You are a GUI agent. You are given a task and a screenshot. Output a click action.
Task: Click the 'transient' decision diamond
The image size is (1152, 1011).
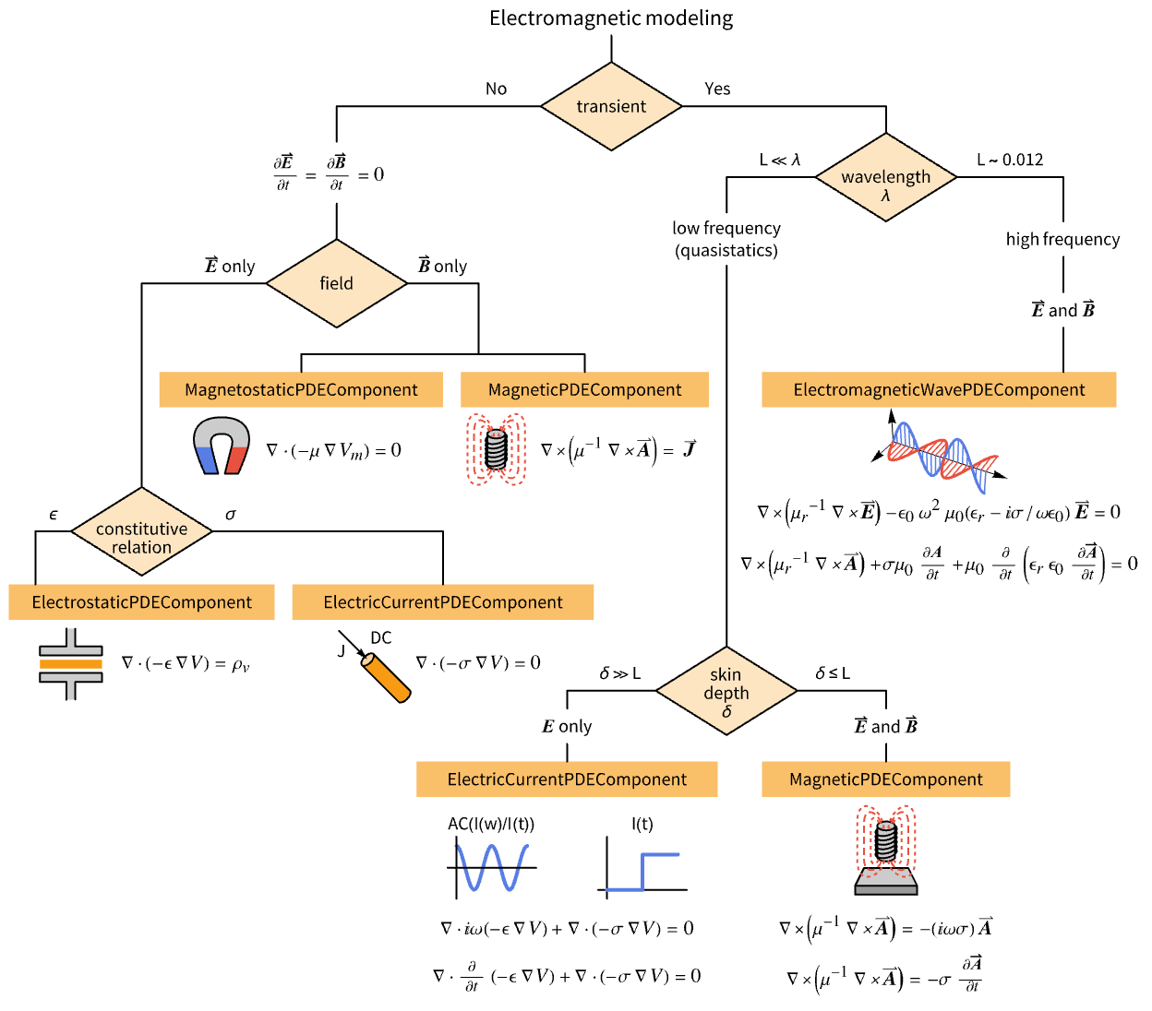point(611,106)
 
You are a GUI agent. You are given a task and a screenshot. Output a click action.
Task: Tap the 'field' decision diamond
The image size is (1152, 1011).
point(336,283)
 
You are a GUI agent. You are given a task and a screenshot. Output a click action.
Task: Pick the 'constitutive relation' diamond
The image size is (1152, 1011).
point(141,532)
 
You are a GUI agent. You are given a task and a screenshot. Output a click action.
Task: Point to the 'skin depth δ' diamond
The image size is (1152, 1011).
point(726,690)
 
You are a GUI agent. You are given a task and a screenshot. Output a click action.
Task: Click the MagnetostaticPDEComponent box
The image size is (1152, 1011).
point(301,389)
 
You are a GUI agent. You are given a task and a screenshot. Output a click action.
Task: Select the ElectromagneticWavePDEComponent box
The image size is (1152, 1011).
point(939,389)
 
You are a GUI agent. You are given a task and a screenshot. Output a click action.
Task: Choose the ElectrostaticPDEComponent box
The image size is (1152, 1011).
point(141,602)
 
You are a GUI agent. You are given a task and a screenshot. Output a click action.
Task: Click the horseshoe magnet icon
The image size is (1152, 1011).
point(222,446)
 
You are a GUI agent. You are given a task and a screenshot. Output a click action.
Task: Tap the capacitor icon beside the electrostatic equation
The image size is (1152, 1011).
point(71,664)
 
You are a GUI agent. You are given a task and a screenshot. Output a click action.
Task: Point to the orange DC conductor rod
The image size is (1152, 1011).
point(386,678)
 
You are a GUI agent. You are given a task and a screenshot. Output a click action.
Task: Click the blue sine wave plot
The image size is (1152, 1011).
point(491,867)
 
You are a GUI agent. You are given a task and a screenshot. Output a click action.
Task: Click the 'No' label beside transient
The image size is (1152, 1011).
point(496,89)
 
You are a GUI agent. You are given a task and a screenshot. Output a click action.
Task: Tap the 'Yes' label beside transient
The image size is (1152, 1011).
point(717,89)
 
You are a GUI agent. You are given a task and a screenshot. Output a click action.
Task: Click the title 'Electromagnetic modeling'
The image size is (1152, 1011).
point(611,18)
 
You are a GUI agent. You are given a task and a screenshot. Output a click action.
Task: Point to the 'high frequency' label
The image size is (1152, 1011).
point(1062,240)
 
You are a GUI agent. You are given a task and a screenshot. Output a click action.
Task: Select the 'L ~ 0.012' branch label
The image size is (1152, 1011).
point(1010,160)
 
